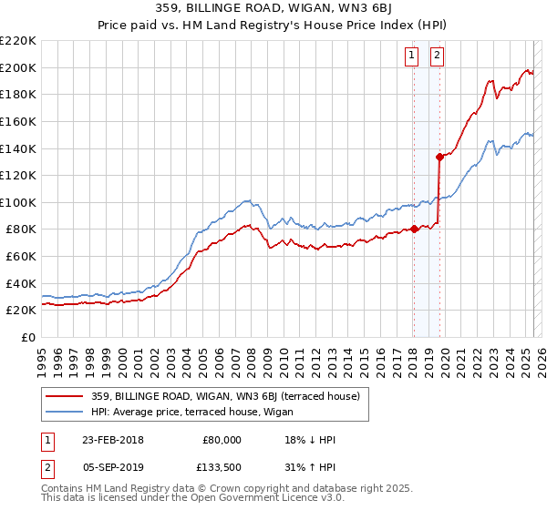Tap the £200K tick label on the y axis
[x=18, y=67]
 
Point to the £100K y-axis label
[x=18, y=202]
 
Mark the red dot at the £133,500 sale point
[x=439, y=157]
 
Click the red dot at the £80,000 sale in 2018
[x=414, y=229]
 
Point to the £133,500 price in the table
[x=220, y=468]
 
